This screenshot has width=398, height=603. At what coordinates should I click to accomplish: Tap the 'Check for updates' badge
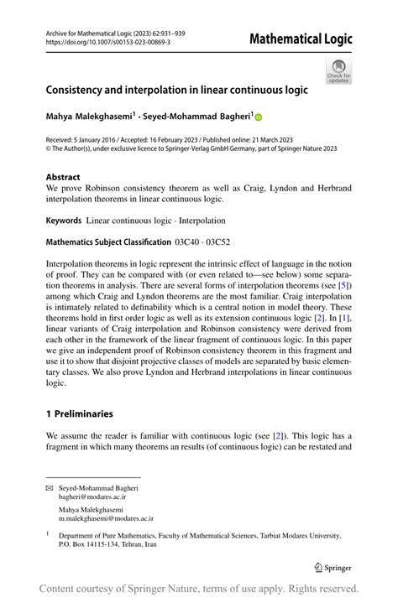tap(338, 70)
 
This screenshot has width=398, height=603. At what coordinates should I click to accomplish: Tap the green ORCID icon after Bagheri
tap(258, 117)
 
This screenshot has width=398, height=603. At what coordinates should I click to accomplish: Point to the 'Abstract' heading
tap(64, 177)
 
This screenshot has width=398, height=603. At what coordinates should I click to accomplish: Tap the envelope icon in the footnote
tap(50, 487)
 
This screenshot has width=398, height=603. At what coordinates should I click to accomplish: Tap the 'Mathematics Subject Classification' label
tap(107, 242)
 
